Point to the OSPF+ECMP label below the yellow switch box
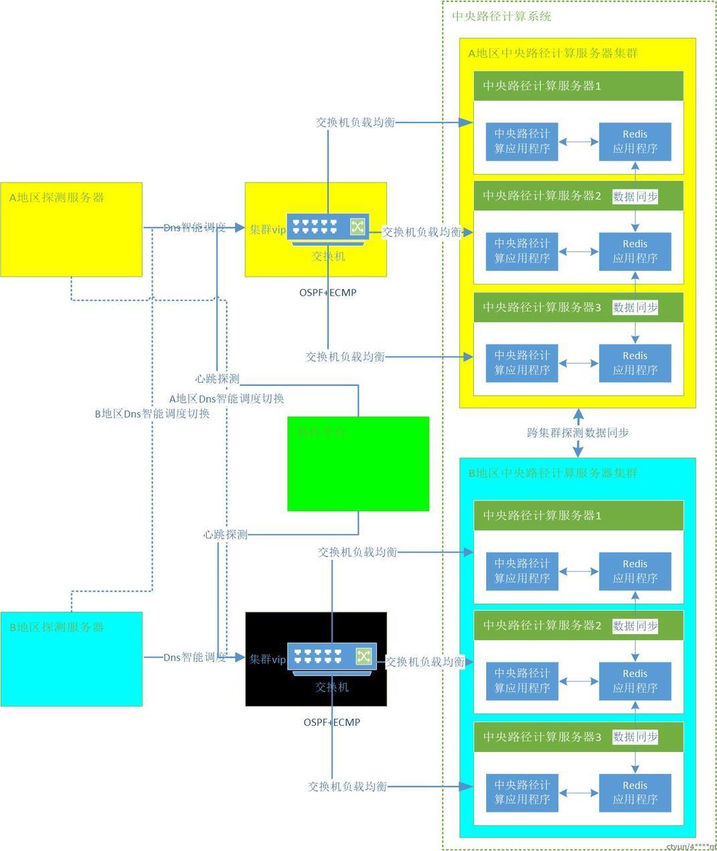[328, 292]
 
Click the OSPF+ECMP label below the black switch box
[332, 723]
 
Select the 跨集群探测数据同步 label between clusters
[578, 433]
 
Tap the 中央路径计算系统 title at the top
[502, 16]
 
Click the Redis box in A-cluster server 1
[635, 141]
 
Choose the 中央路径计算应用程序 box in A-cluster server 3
[522, 363]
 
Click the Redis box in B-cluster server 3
[635, 793]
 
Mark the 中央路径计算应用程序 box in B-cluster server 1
[522, 571]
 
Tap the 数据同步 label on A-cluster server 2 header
[635, 196]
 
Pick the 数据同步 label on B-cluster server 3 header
[635, 737]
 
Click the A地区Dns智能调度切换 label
[226, 399]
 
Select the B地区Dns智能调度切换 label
[153, 413]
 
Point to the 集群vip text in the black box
[268, 659]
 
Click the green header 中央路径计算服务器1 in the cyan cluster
[542, 516]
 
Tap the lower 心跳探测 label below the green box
[226, 535]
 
